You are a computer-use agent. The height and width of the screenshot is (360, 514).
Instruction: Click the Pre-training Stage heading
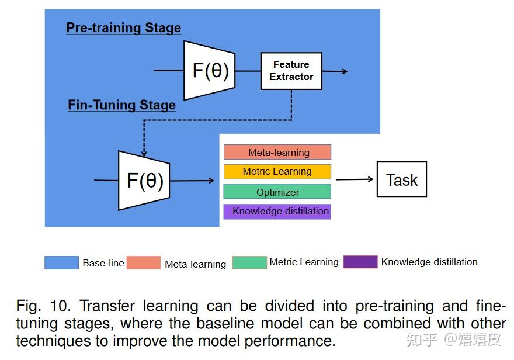coord(124,27)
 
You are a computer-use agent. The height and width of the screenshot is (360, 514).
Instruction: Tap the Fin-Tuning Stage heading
coord(121,105)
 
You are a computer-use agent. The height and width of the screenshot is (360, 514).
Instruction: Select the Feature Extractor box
coord(291,71)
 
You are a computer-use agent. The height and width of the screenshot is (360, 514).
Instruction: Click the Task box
coord(402,179)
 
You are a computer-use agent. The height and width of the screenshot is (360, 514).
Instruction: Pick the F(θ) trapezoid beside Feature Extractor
coord(210,71)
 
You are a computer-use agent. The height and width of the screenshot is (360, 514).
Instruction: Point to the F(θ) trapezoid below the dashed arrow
coord(144,181)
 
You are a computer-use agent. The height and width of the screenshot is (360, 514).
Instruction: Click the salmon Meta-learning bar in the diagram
coord(277,152)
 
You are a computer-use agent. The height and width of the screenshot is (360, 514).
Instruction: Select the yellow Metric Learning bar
coord(277,171)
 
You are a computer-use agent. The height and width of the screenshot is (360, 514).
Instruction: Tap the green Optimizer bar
coord(277,192)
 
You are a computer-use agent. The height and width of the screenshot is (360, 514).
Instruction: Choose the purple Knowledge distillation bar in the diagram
coord(277,212)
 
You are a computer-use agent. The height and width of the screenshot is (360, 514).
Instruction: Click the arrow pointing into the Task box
coord(355,179)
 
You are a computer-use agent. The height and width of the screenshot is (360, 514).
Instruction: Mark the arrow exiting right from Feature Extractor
coord(335,71)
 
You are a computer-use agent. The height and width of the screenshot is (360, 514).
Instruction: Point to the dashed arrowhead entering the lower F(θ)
coord(144,153)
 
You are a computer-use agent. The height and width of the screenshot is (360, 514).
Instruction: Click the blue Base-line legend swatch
coord(62,262)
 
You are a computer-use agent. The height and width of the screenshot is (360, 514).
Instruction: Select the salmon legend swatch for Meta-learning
coord(144,262)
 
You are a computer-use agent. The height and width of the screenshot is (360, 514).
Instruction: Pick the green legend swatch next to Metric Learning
coord(249,262)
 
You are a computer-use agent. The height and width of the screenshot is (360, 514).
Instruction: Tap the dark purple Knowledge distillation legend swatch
coord(360,262)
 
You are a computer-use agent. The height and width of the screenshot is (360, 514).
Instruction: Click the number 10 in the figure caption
coord(60,306)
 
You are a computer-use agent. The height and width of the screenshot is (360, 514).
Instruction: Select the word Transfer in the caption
coord(107,306)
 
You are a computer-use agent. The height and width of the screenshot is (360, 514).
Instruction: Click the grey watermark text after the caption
coord(454,340)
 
